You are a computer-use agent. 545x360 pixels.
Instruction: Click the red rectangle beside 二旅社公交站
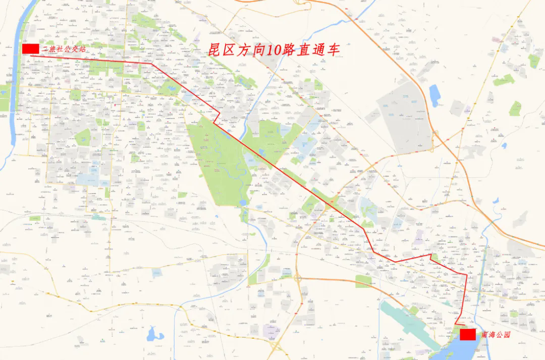coord(30,48)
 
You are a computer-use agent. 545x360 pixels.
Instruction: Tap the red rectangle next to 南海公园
coord(467,334)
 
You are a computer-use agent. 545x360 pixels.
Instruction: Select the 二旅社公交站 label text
coord(64,49)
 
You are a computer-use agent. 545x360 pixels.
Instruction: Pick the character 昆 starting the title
coord(216,50)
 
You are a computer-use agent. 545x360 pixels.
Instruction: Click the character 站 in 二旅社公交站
coord(82,49)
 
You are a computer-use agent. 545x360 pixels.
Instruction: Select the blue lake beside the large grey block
coord(434,95)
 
